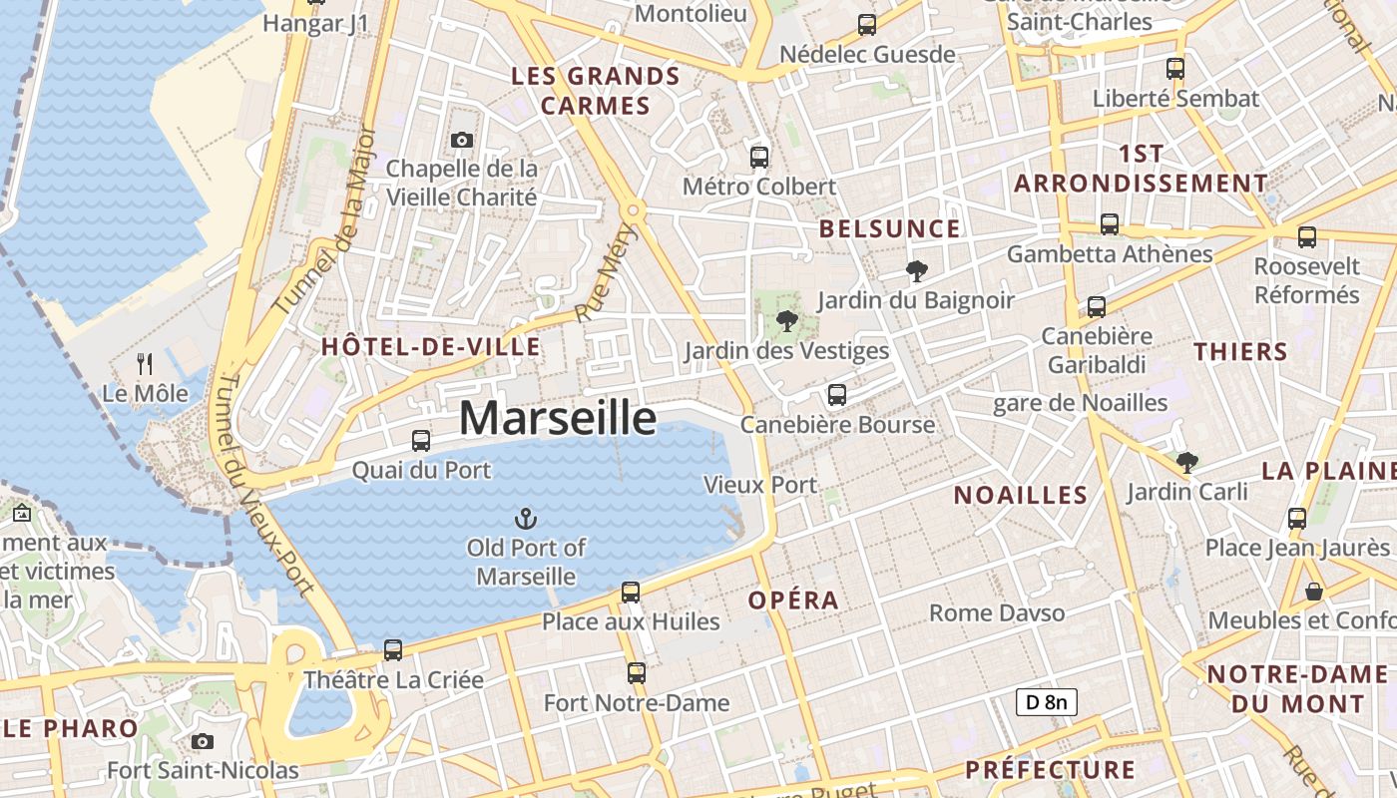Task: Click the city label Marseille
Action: click(x=558, y=418)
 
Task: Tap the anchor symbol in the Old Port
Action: click(x=525, y=519)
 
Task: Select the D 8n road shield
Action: click(x=1047, y=702)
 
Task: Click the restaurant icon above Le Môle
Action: click(x=145, y=363)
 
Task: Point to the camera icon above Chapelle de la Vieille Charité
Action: click(x=461, y=140)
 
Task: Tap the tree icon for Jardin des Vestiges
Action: click(x=786, y=320)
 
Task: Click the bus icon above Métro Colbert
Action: click(x=759, y=157)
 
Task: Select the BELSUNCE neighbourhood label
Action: click(x=889, y=228)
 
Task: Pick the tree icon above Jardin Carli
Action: click(x=1186, y=462)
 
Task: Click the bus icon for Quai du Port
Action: click(x=421, y=440)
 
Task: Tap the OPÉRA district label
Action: click(x=793, y=600)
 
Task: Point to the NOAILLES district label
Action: click(x=1020, y=495)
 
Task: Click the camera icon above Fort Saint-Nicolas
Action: click(x=203, y=741)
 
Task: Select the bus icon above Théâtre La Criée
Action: click(x=393, y=650)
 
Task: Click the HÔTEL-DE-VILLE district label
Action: click(x=430, y=347)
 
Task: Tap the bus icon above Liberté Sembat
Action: click(x=1175, y=69)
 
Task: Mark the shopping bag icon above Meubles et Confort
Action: click(x=1314, y=592)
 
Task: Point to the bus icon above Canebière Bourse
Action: click(x=837, y=395)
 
